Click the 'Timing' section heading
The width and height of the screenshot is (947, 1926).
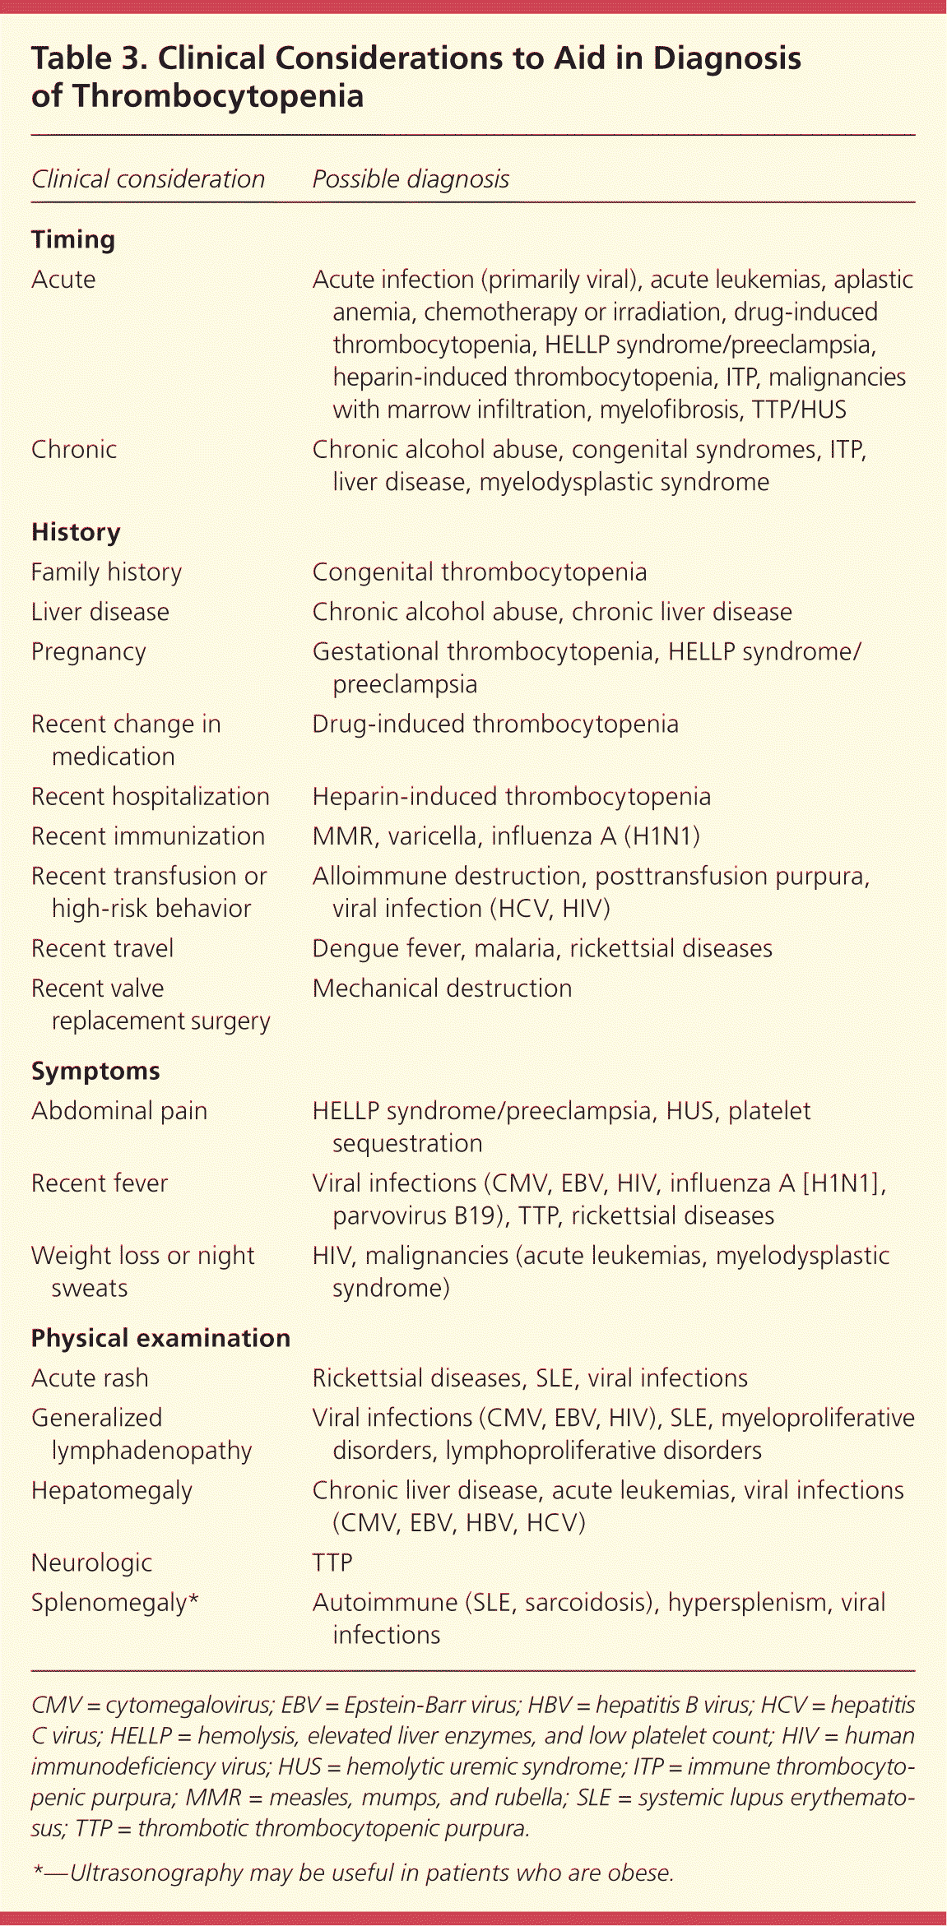coord(73,240)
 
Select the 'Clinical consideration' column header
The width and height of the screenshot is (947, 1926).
coord(148,179)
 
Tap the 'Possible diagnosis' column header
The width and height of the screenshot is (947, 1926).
coord(411,179)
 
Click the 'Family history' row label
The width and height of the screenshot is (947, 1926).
coord(106,572)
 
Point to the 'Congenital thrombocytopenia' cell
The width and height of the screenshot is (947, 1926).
coord(479,572)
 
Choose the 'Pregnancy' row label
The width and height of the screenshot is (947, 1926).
coord(88,652)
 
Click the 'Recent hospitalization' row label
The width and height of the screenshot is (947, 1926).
coord(150,797)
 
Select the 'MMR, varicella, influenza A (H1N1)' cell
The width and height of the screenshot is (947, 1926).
coord(505,836)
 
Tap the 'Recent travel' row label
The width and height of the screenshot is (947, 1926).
coord(102,949)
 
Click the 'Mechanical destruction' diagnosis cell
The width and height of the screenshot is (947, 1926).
coord(442,988)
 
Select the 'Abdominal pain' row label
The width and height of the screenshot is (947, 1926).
coord(118,1111)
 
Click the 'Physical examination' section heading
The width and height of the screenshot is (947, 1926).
coord(160,1338)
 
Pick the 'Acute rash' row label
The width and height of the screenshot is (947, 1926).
coord(90,1378)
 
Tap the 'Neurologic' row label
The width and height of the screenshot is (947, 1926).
coord(91,1563)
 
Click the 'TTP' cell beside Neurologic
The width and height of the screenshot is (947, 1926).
coord(332,1563)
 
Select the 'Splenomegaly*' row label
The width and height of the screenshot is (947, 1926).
coord(115,1603)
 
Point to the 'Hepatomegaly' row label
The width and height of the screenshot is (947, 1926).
coord(111,1490)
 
